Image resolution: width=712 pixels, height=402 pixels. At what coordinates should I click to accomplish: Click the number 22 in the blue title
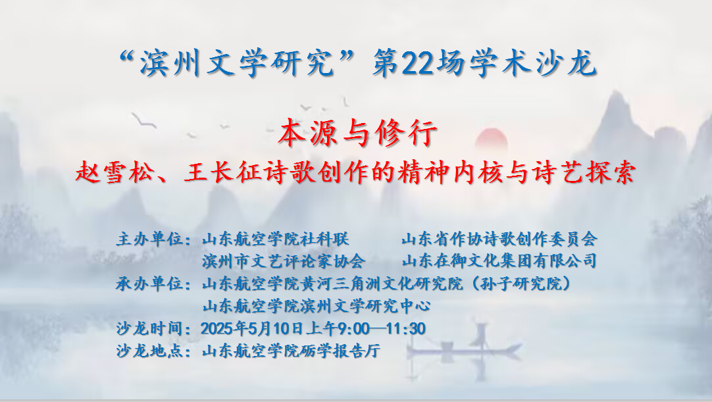pyautogui.click(x=418, y=64)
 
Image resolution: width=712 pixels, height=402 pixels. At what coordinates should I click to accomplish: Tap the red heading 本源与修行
pyautogui.click(x=358, y=133)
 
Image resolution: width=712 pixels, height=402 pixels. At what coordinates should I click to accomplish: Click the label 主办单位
pyautogui.click(x=149, y=239)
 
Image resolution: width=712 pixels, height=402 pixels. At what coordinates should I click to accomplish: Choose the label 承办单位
pyautogui.click(x=149, y=284)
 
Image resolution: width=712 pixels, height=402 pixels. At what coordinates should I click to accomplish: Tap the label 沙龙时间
pyautogui.click(x=149, y=328)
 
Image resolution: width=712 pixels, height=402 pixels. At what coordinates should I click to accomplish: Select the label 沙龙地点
pyautogui.click(x=149, y=351)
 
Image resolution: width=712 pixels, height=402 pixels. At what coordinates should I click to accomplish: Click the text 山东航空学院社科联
pyautogui.click(x=276, y=239)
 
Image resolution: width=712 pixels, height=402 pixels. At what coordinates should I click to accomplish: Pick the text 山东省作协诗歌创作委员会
pyautogui.click(x=499, y=239)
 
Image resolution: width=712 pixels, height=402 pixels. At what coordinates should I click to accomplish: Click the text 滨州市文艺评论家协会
pyautogui.click(x=284, y=261)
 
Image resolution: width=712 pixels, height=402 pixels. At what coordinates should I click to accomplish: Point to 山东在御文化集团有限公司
pyautogui.click(x=499, y=261)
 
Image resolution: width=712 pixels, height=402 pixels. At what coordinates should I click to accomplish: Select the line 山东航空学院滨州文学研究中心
pyautogui.click(x=316, y=306)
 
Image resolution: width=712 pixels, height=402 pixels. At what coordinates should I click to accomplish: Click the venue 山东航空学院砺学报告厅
pyautogui.click(x=291, y=351)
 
